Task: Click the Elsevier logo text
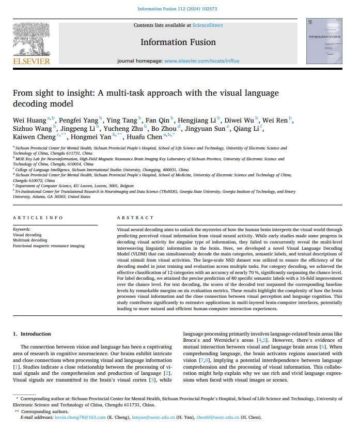click(x=32, y=62)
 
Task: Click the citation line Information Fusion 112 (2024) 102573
click(x=179, y=9)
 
